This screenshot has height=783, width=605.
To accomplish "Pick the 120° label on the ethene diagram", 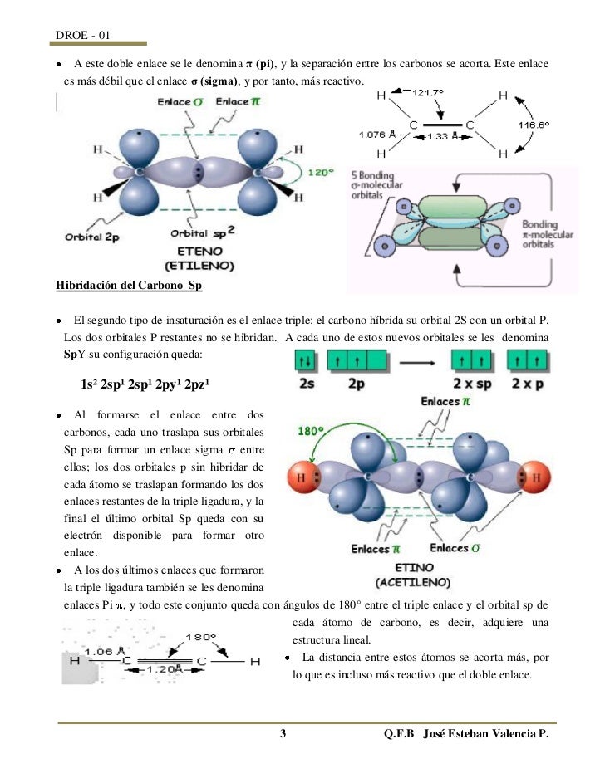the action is (321, 173).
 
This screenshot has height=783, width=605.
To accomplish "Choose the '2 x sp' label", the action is (471, 384).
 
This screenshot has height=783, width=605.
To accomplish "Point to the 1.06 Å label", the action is (103, 651).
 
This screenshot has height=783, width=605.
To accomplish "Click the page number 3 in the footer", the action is (283, 735).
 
